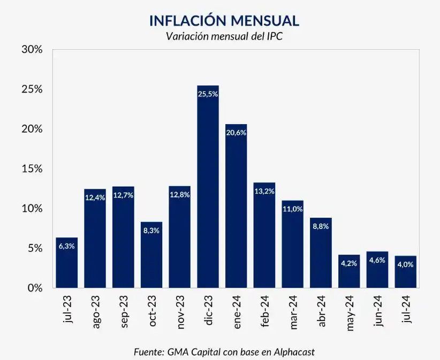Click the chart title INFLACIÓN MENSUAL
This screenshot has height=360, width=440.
224,21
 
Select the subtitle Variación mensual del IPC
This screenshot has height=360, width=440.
224,36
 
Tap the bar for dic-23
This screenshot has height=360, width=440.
208,187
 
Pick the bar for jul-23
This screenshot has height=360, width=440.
67,263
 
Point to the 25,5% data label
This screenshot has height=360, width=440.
208,94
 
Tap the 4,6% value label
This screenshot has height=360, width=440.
377,260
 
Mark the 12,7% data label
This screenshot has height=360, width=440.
123,195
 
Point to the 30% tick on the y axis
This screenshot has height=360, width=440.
32,49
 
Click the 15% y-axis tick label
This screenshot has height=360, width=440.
32,168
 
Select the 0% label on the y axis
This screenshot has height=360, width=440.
34,288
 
